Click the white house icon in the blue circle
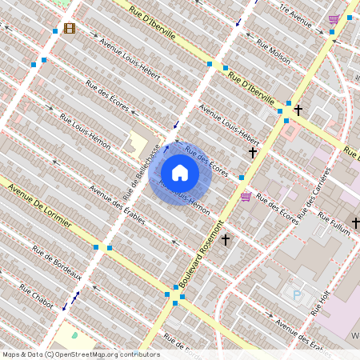click(180, 173)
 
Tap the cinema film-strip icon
click(69, 29)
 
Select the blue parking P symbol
click(298, 295)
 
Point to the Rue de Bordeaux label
click(57, 262)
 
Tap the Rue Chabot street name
click(36, 293)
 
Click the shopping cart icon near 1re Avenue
click(334, 18)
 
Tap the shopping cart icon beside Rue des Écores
click(246, 196)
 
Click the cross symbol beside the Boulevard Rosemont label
click(226, 238)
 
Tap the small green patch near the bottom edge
click(75, 334)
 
